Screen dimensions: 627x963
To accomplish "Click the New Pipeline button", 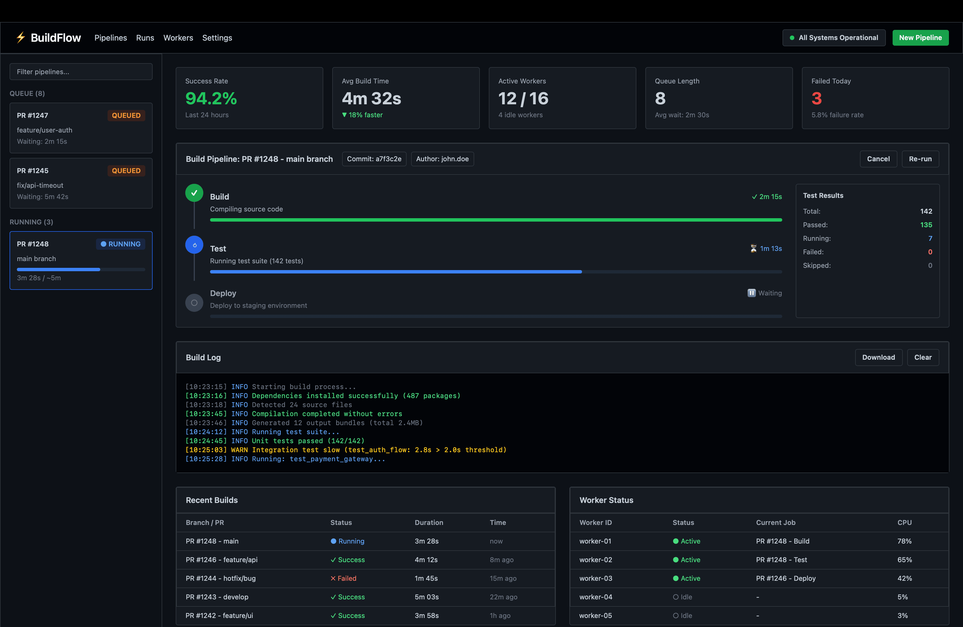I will [x=920, y=38].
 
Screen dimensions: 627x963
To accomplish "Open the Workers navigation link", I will [x=178, y=38].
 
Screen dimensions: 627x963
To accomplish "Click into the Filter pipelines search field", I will [x=81, y=72].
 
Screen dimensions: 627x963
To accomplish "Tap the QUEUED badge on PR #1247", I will [x=126, y=115].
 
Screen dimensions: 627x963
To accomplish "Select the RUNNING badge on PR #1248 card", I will [x=121, y=244].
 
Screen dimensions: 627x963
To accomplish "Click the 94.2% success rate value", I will [x=211, y=98].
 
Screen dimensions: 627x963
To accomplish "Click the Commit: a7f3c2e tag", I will [x=374, y=159].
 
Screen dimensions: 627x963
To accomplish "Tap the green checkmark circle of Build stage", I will [x=194, y=193].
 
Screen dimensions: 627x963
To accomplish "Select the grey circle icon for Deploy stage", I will [x=194, y=303].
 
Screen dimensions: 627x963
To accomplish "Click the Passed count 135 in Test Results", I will [x=926, y=225].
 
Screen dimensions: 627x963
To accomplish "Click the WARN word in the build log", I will [x=239, y=450].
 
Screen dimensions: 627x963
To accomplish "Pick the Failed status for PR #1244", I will [x=344, y=579].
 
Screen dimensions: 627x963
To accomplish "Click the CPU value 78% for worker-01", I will [x=904, y=541].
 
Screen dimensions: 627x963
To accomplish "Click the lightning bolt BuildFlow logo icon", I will [x=21, y=38].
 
